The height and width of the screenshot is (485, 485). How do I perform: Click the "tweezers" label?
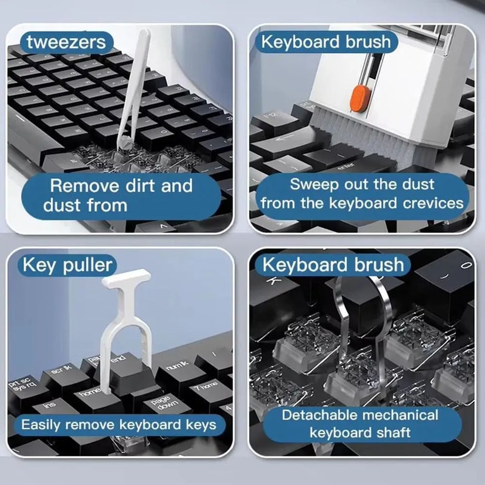(66, 42)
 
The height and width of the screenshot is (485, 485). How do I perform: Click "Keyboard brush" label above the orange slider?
(326, 42)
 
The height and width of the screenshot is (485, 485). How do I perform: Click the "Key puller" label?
(67, 265)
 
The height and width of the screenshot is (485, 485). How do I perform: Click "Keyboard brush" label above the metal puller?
(332, 265)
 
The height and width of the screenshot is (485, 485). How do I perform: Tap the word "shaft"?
(392, 433)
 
